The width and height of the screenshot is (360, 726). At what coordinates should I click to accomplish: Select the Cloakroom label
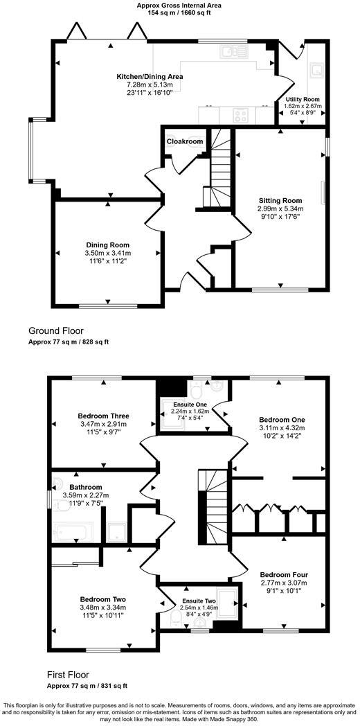pos(185,142)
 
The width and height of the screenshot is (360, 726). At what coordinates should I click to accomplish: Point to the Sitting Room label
pos(280,200)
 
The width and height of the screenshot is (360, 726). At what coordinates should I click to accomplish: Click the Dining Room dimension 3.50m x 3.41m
pos(108,254)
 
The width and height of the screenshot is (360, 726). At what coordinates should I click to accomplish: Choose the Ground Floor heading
pos(56,330)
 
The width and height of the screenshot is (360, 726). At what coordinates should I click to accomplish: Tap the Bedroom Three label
pos(104,416)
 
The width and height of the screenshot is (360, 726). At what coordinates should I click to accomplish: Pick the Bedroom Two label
pos(102,599)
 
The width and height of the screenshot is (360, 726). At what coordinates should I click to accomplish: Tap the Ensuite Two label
pos(198,601)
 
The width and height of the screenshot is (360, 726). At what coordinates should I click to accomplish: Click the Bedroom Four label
pos(284,575)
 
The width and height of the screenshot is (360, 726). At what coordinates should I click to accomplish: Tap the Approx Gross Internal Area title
pos(179,4)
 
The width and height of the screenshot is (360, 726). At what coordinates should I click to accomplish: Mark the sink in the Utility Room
pos(317,69)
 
